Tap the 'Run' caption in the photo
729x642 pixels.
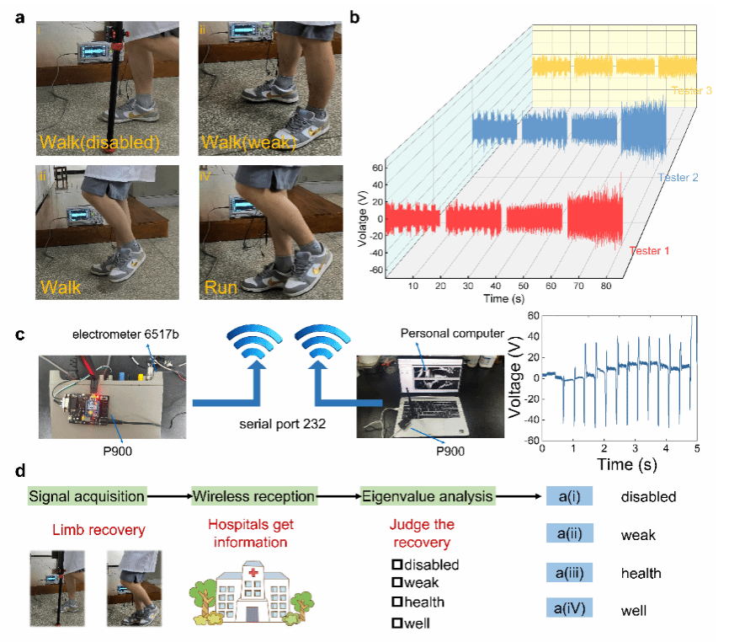coord(222,287)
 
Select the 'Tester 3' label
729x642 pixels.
coord(692,90)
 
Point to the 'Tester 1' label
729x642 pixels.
coord(651,249)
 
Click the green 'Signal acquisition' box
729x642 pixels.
coord(87,496)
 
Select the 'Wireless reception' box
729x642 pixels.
coord(254,496)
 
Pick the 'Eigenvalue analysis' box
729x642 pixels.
coord(428,496)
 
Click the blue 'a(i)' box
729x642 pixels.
coord(571,496)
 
